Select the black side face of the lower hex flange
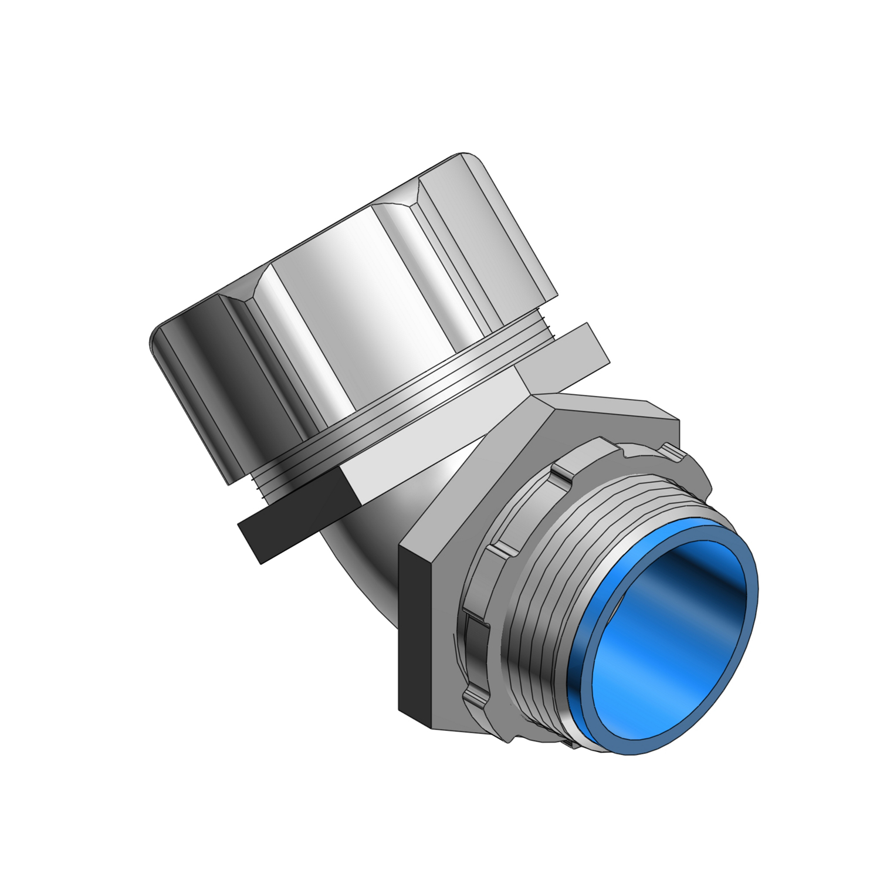tap(415, 634)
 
